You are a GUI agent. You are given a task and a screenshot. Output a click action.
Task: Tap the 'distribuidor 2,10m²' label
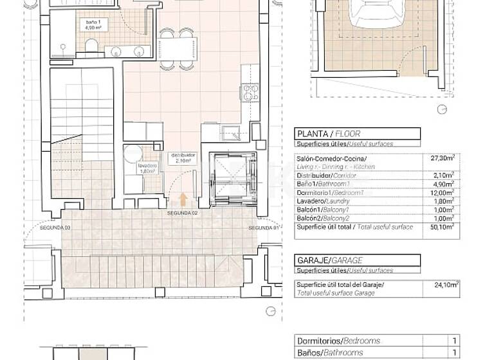tap(181, 159)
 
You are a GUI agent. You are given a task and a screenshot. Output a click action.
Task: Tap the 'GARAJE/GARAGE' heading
tap(329, 260)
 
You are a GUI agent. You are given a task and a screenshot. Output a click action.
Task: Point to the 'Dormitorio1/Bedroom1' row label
tap(330, 192)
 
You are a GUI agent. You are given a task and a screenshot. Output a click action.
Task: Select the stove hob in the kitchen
tap(250, 93)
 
